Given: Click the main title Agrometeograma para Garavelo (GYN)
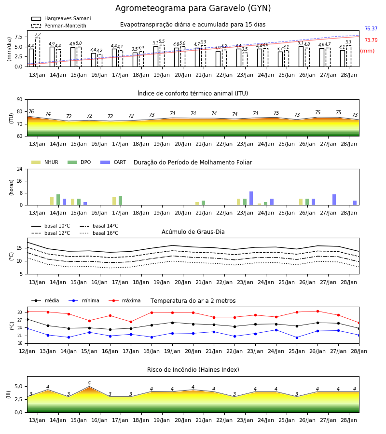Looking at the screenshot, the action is (x=193, y=8).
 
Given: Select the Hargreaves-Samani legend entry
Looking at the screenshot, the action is (x=61, y=18).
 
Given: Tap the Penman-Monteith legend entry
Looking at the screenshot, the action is (x=59, y=26).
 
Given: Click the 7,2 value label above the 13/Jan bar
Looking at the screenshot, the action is (x=38, y=35).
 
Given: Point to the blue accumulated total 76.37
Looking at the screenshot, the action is (x=371, y=28).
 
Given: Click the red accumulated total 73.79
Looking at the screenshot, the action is (x=371, y=40).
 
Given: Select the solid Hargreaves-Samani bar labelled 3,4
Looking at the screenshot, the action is (x=94, y=60).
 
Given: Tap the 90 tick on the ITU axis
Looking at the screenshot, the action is (x=20, y=100).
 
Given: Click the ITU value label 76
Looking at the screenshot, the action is (x=31, y=111).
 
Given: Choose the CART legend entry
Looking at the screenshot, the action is (x=113, y=162).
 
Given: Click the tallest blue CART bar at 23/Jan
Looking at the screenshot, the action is (x=251, y=198).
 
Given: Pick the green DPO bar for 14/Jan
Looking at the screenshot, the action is (x=58, y=200).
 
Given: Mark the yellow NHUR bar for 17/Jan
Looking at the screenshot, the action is (x=114, y=201).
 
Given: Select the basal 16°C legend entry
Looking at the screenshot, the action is (x=99, y=233).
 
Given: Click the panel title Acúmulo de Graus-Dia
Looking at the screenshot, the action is (x=193, y=232).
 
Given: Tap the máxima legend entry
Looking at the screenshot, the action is (x=125, y=300).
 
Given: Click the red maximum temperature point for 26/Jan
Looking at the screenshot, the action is (x=317, y=312).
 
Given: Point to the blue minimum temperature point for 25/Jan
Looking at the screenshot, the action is (x=297, y=338).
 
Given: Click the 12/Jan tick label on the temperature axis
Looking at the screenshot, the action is (x=27, y=351).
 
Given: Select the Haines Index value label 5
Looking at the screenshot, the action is (x=89, y=384).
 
